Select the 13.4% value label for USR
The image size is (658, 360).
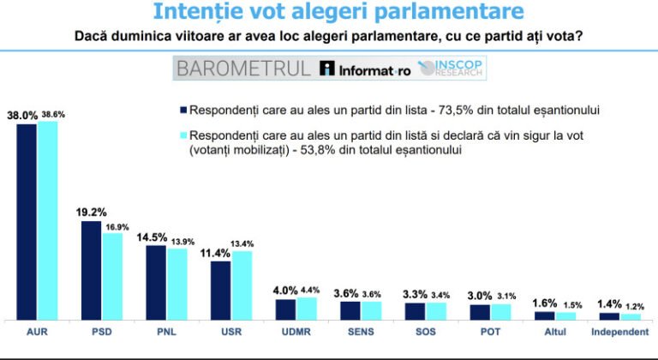coord(242,243)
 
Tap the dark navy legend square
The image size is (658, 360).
coord(182,110)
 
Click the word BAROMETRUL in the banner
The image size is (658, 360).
coord(242,69)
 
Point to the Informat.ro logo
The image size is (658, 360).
coord(364,69)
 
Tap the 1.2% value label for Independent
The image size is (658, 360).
coord(635,307)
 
